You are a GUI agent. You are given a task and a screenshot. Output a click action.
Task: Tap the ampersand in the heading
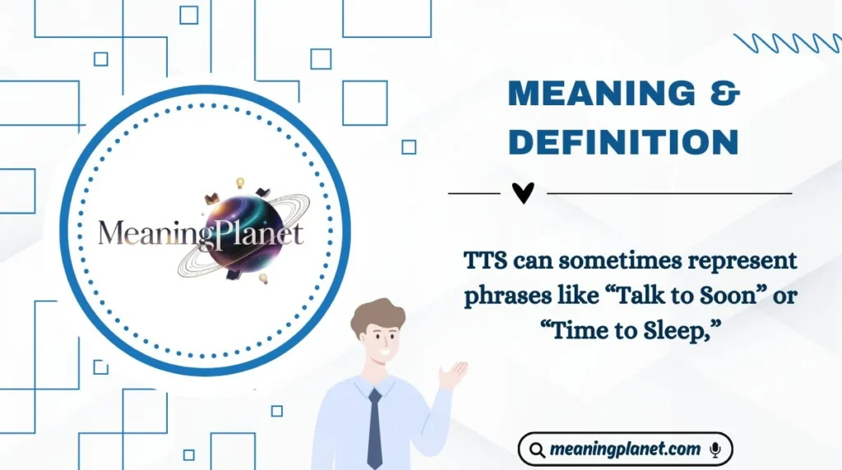click(x=723, y=95)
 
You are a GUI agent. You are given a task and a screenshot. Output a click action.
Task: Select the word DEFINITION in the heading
click(x=623, y=141)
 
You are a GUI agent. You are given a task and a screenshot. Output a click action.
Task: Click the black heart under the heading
click(x=523, y=193)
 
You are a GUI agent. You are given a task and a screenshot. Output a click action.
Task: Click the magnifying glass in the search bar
click(x=537, y=449)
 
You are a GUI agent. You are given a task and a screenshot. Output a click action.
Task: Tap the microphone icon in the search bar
click(x=715, y=449)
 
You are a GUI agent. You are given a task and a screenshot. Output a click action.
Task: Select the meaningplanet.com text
click(x=626, y=449)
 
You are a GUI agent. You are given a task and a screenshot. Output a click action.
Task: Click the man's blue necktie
click(x=374, y=427)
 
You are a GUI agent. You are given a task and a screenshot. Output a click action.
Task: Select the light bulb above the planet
click(x=241, y=182)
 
